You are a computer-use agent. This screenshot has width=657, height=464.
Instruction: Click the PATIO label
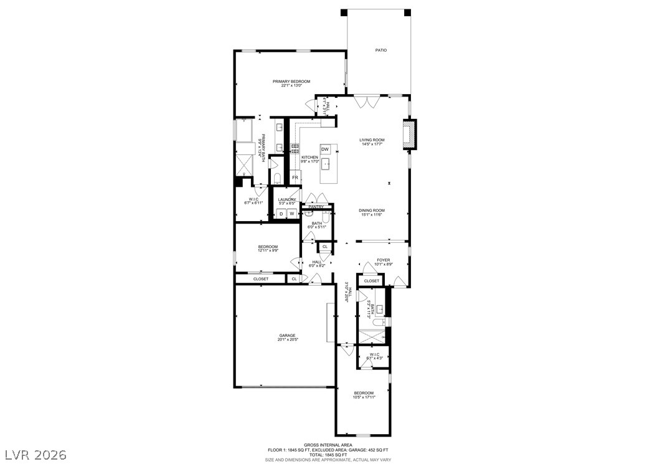[x=380, y=50]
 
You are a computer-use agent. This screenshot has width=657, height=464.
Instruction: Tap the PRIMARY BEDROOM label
[x=291, y=81]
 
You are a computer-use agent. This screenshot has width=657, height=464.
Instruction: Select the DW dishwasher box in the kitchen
[x=325, y=149]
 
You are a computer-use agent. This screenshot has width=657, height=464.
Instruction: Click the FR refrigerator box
[x=295, y=178]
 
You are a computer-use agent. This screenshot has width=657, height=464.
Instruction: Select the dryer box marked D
[x=281, y=214]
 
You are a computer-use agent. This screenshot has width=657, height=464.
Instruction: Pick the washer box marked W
[x=291, y=214]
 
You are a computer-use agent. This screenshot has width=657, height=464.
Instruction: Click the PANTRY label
[x=316, y=207]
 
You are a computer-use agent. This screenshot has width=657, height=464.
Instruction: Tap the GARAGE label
[x=287, y=335]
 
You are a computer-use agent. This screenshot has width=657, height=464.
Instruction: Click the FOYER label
[x=383, y=260]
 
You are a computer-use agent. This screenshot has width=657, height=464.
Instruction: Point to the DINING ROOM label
[x=372, y=211]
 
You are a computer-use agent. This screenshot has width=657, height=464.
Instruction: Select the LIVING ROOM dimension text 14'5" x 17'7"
[x=372, y=145]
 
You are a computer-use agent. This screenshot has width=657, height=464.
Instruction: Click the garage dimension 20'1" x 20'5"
[x=287, y=339]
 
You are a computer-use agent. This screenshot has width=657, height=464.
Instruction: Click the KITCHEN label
[x=310, y=158]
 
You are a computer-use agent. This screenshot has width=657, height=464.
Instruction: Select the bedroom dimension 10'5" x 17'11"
[x=364, y=397]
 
